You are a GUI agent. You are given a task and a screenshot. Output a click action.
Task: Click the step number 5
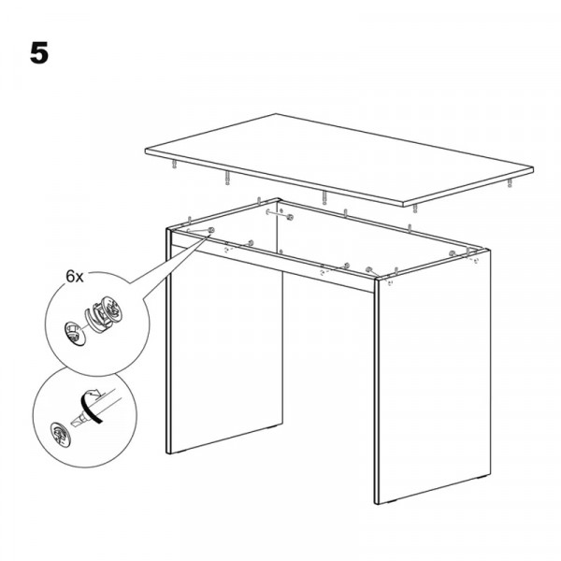(39, 53)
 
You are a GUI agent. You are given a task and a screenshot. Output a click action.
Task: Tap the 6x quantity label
(75, 277)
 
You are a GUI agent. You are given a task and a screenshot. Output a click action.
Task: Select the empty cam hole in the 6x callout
(75, 334)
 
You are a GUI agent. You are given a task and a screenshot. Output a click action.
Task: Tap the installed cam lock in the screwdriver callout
(59, 433)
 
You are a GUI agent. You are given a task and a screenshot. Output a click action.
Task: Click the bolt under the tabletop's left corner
(174, 165)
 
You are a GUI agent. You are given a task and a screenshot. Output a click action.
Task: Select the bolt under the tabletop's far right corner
(510, 183)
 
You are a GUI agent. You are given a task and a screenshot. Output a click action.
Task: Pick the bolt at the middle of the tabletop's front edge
(324, 197)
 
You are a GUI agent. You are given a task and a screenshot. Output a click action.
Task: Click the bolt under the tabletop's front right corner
(414, 209)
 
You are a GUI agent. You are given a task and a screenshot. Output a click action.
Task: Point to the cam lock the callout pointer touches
(211, 230)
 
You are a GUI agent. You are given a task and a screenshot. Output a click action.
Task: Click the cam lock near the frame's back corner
(290, 217)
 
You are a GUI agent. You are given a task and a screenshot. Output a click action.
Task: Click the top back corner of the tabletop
(276, 114)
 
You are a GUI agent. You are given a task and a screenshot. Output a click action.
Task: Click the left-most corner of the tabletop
(145, 151)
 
